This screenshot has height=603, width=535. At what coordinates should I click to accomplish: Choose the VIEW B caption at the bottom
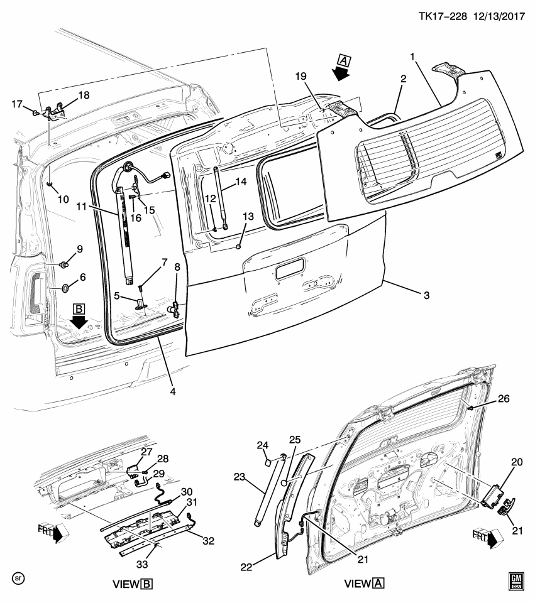[131, 584]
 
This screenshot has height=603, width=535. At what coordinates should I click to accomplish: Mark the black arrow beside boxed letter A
[341, 73]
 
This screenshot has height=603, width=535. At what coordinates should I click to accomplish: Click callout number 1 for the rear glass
[413, 57]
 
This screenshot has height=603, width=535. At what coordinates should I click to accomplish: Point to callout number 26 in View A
[486, 398]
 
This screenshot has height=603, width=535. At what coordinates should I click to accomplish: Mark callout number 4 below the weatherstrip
[172, 391]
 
